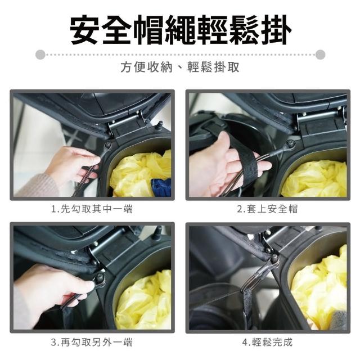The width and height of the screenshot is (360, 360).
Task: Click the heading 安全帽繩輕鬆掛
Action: pos(181,30)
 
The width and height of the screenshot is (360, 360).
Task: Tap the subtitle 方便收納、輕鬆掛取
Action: pos(180,67)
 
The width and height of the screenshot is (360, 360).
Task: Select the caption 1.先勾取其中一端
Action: pos(92,209)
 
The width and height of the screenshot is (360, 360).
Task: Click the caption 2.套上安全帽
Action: pos(268,209)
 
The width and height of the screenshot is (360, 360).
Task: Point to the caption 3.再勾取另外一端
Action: pos(92,342)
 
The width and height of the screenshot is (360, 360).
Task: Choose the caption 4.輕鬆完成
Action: pos(268,342)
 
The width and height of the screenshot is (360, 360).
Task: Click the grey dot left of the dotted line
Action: pos(40,55)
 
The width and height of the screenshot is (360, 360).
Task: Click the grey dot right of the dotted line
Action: pos(320,55)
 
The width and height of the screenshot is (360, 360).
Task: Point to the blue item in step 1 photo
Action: pos(161,187)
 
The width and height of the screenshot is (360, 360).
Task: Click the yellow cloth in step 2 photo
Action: pos(314,179)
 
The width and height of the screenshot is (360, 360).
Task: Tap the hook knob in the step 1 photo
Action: pos(107,145)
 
